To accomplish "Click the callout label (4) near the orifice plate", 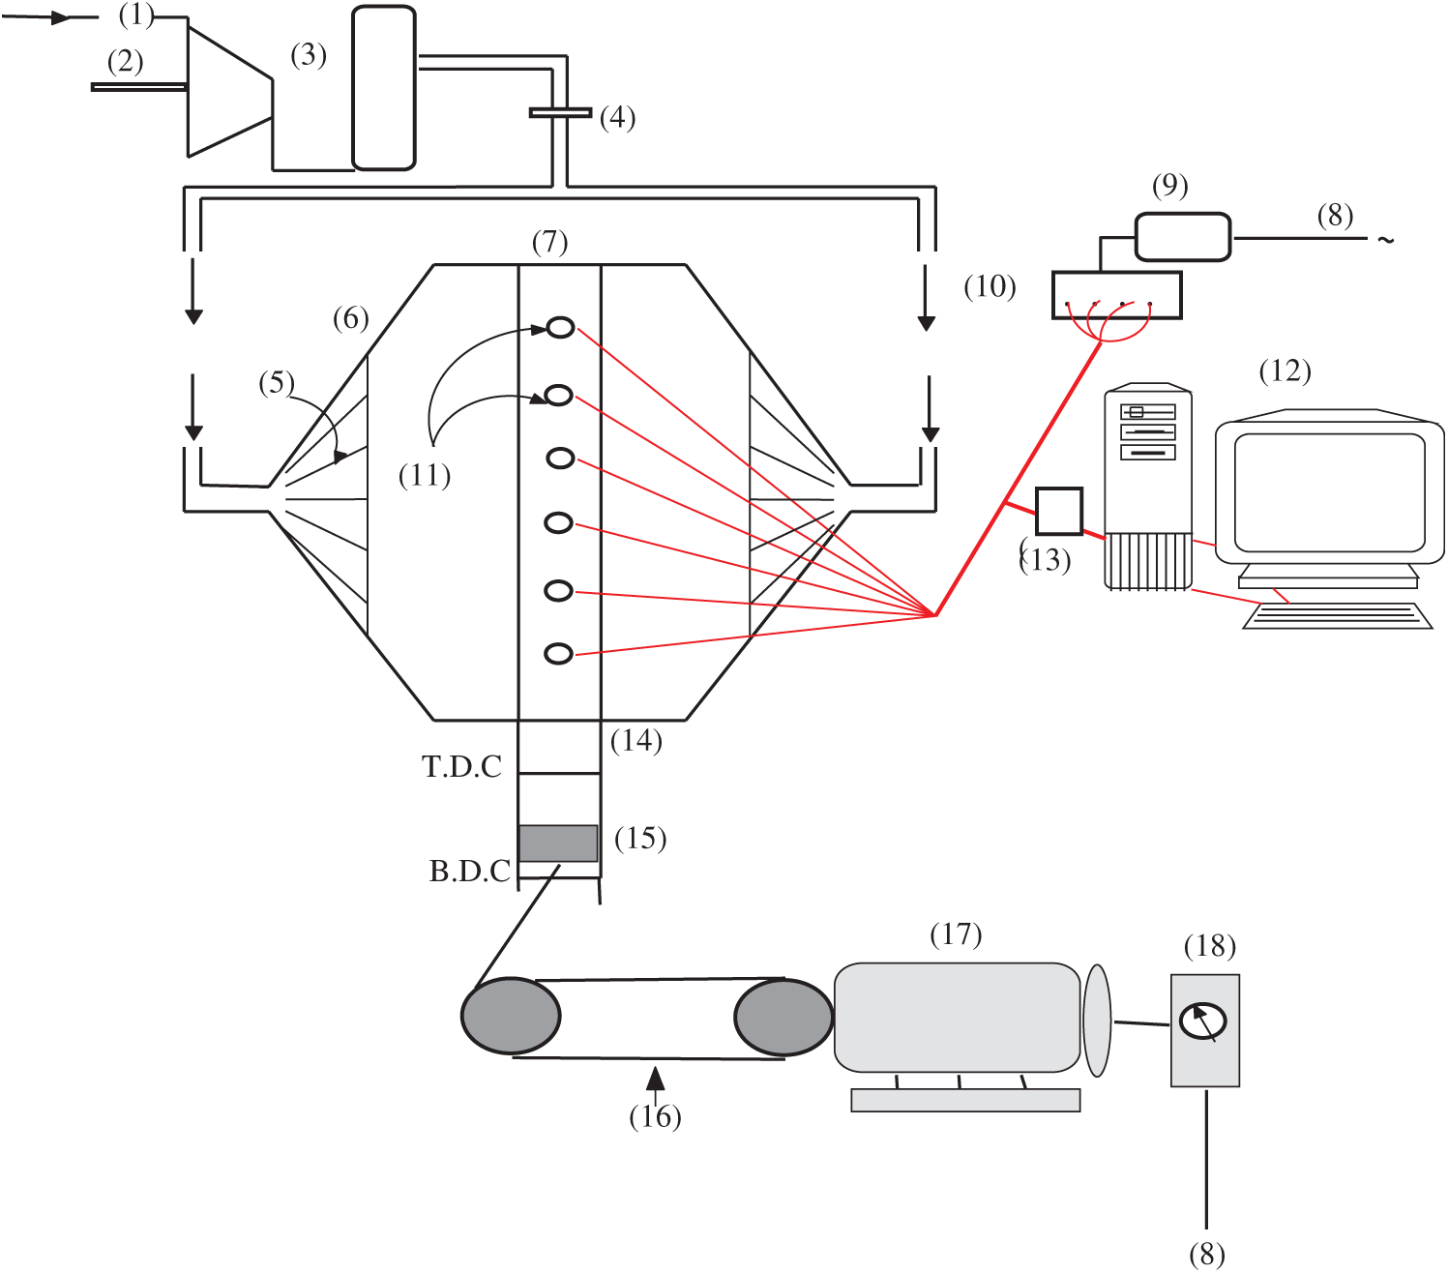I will click(x=617, y=118).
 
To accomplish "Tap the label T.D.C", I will click(x=461, y=767).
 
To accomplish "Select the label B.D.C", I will click(x=469, y=872).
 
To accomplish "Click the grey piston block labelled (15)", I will click(x=558, y=843).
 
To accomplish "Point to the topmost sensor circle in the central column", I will click(x=561, y=328).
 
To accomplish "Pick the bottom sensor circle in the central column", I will click(x=559, y=654).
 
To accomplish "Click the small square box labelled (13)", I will click(x=1059, y=511).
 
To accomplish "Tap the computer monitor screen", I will click(x=1329, y=492).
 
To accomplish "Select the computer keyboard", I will click(x=1338, y=616).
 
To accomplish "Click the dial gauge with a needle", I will click(x=1203, y=1021).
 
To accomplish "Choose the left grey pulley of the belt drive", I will click(x=511, y=1016).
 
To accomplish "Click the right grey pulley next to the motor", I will click(x=783, y=1017).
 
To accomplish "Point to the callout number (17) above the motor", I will click(x=956, y=934).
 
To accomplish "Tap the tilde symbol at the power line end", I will click(x=1386, y=240).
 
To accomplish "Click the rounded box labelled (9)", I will click(x=1182, y=237).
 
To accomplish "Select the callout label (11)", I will click(x=425, y=476).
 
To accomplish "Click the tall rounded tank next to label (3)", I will click(x=384, y=88).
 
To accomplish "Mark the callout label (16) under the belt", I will click(x=655, y=1116).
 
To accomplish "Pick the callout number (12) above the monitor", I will click(x=1285, y=370).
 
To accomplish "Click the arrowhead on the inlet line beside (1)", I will click(x=60, y=17).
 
